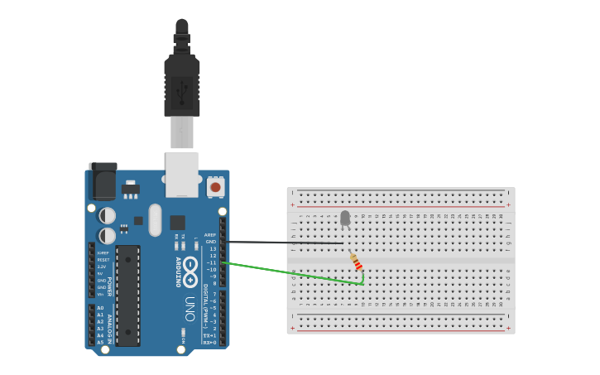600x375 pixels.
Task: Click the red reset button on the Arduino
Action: [x=215, y=187]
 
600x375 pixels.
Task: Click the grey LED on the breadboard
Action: [x=345, y=218]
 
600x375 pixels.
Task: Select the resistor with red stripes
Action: [x=356, y=261]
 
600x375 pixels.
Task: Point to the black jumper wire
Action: [x=281, y=243]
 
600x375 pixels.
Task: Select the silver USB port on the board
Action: [x=182, y=173]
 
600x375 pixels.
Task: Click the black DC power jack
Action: [x=103, y=180]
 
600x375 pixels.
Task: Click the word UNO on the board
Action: [x=190, y=309]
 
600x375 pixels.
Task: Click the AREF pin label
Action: [x=210, y=235]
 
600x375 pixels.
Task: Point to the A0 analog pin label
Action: [x=100, y=308]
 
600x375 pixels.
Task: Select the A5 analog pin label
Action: [x=100, y=341]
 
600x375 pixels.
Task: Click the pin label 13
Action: [x=213, y=248]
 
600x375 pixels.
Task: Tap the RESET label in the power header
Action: [x=103, y=260]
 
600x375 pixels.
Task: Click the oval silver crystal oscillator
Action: [x=156, y=219]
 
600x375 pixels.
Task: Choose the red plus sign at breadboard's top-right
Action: [x=508, y=204]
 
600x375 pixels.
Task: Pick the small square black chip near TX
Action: [x=178, y=222]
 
